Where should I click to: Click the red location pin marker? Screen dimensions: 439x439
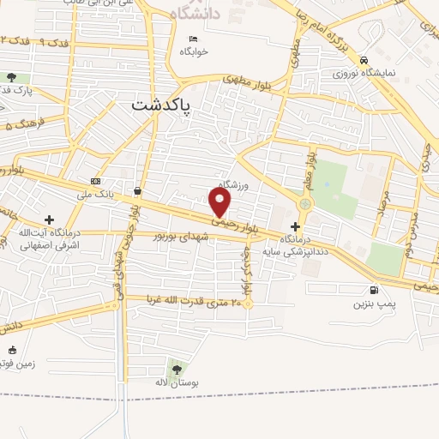coord(221,201)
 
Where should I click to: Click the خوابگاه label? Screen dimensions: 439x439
coord(194,51)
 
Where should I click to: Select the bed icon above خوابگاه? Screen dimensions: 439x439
coord(194,39)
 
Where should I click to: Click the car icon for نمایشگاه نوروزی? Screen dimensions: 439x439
coord(365,60)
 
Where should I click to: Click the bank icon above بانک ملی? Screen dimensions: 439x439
coord(95,182)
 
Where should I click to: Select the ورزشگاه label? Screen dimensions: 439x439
coord(232,184)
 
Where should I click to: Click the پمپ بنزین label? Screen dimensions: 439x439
coord(374,304)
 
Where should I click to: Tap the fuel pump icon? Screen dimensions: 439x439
coord(372,291)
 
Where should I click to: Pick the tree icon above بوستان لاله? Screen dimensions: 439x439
coord(177,369)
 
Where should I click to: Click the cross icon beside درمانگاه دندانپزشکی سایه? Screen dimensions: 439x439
coord(296,226)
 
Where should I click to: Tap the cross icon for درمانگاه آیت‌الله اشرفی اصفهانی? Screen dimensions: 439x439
coord(49,220)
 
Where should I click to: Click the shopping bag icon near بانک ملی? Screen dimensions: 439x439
coord(138,189)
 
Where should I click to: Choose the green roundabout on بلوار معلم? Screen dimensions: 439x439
coord(304,204)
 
